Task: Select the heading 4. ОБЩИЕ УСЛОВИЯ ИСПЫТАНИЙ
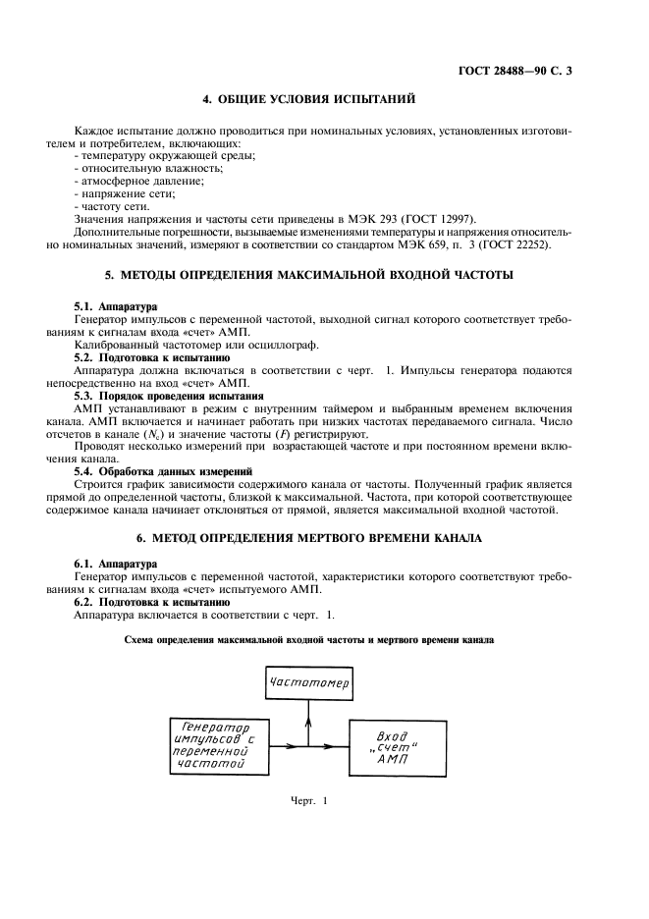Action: pos(308,99)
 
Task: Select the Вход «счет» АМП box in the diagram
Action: pos(396,747)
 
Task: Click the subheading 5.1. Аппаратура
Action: pos(116,307)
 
